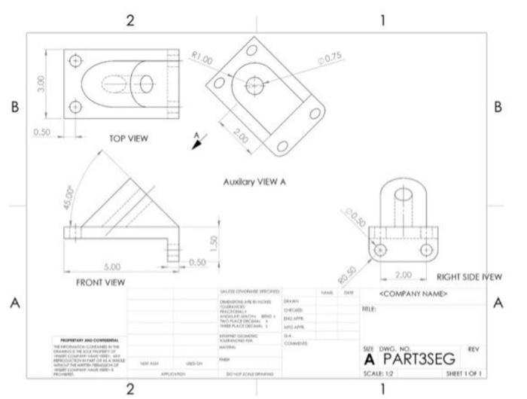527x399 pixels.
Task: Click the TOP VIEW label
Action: (x=129, y=138)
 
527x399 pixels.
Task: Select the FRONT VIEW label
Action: (x=100, y=282)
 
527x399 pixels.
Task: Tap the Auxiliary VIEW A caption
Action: (x=254, y=182)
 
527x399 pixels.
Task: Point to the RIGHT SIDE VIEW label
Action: (x=469, y=277)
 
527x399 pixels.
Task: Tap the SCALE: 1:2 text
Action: (x=378, y=373)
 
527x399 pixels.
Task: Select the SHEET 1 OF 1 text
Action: (x=463, y=373)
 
